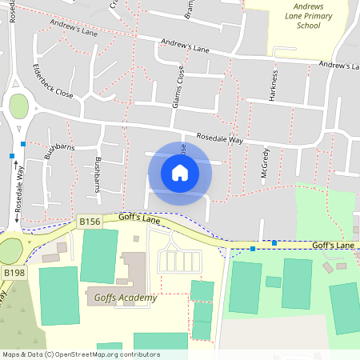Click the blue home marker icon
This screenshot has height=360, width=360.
[180, 173]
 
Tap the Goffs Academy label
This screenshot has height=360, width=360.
[125, 298]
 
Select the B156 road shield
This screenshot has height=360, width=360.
[90, 222]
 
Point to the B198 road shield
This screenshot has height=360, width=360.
[13, 273]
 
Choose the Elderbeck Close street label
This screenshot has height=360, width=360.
[53, 81]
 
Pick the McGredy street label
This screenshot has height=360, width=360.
[264, 162]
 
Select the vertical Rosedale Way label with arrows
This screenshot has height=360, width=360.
[18, 190]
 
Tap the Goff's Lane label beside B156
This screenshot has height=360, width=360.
[140, 218]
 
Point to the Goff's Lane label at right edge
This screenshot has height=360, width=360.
[332, 246]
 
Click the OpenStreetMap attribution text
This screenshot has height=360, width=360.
[80, 354]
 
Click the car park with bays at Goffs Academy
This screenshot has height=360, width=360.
[178, 261]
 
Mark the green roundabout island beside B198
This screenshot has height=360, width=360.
[10, 250]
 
